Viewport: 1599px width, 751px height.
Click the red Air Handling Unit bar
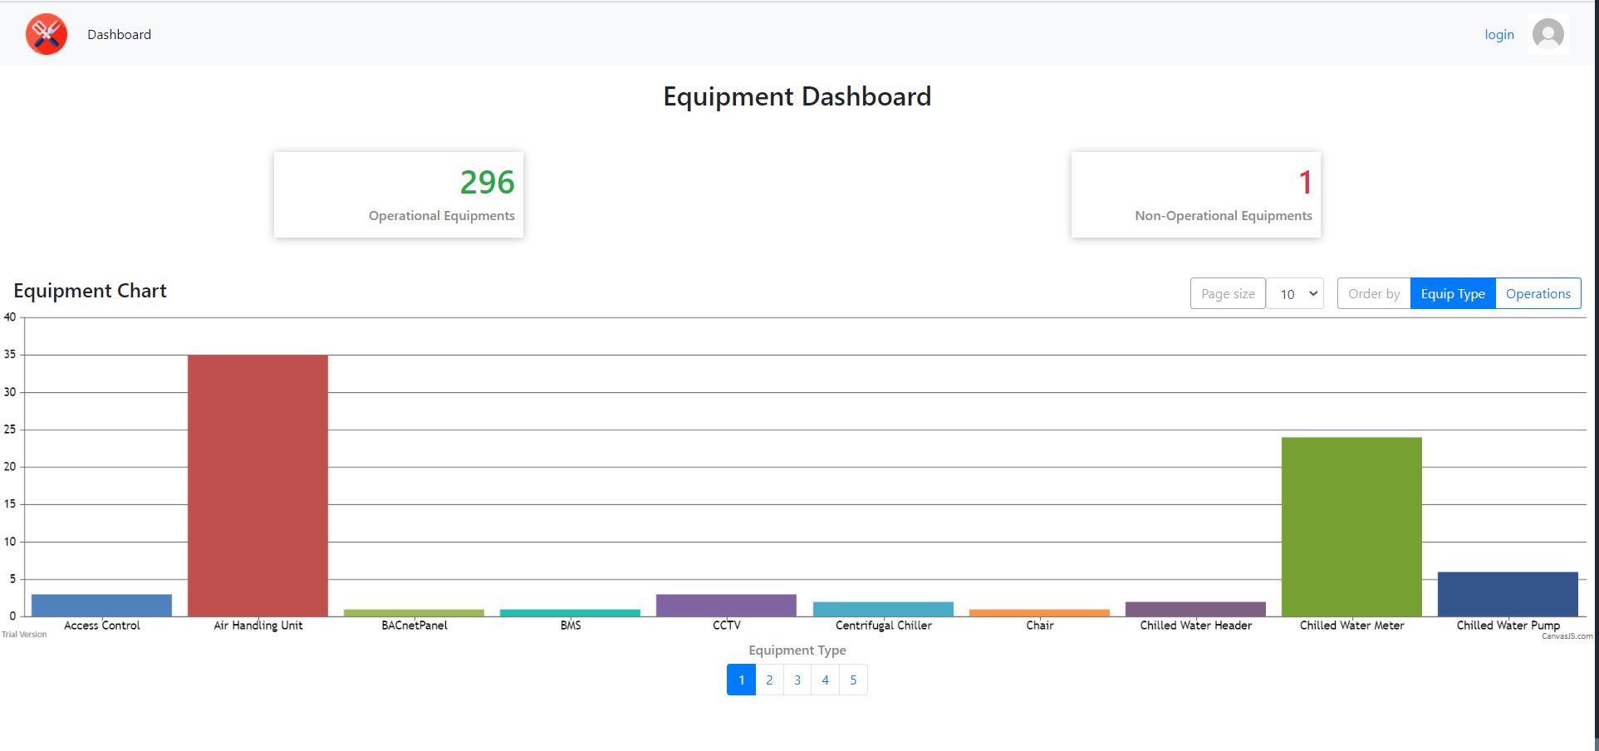[258, 485]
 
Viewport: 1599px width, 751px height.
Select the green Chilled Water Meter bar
[1351, 527]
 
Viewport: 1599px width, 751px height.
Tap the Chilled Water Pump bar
[1508, 594]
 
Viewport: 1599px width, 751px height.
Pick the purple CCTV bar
[726, 605]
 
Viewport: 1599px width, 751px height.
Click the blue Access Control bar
[101, 605]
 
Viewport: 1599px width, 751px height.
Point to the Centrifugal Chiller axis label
[883, 626]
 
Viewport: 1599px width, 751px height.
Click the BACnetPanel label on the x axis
[414, 626]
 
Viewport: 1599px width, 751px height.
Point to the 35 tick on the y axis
[10, 355]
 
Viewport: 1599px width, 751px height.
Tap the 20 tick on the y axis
[10, 467]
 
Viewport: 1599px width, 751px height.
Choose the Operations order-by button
[1538, 294]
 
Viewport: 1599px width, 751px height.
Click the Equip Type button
[1452, 294]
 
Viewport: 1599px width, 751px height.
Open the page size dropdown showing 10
[1295, 294]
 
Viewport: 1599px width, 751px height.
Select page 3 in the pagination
[797, 680]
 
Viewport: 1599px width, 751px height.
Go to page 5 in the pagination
[853, 680]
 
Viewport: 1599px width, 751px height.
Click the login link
[1499, 35]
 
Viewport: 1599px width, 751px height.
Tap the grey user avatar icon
[1547, 35]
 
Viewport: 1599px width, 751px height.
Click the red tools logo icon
[47, 34]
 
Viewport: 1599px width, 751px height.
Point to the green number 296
[488, 183]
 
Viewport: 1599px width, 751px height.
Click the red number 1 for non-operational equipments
[1305, 183]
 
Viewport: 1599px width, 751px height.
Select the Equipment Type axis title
[797, 650]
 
